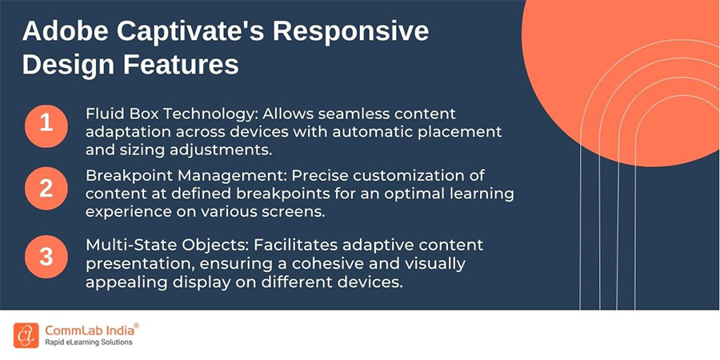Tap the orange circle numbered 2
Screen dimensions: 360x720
[x=46, y=190]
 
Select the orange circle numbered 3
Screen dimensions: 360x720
[x=46, y=257]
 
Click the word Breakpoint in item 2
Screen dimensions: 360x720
[x=125, y=175]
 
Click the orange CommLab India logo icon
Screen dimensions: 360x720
[x=26, y=335]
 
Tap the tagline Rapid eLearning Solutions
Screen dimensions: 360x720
[x=89, y=343]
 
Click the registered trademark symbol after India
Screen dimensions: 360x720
[x=136, y=326]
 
